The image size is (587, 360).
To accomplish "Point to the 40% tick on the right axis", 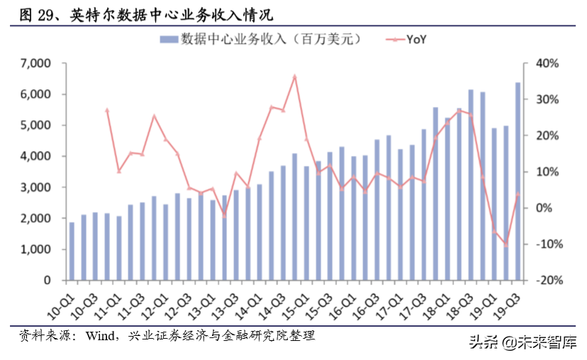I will [547, 63].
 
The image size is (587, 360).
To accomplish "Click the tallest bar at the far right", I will [518, 181].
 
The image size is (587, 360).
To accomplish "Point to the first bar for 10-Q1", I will [72, 252].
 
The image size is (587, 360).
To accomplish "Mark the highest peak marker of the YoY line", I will [295, 76].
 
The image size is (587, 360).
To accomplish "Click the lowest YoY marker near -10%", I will [505, 244].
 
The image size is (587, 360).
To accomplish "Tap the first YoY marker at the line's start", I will [106, 110].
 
